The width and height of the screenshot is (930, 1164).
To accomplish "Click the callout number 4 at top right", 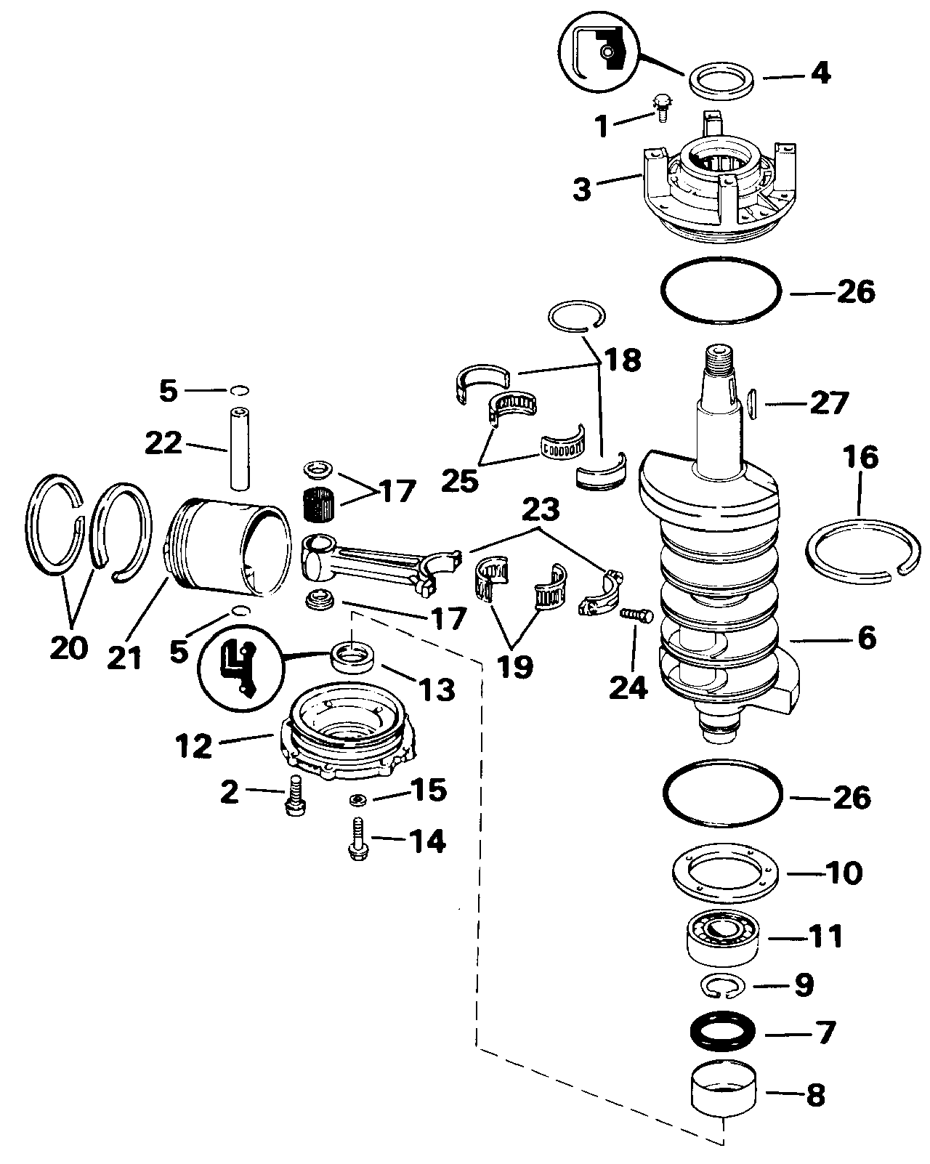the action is [820, 73].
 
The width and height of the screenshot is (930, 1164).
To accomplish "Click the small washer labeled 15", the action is [357, 799].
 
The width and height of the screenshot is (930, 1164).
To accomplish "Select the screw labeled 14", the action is [357, 838].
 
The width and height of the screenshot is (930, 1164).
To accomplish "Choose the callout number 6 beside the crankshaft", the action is [867, 638].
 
